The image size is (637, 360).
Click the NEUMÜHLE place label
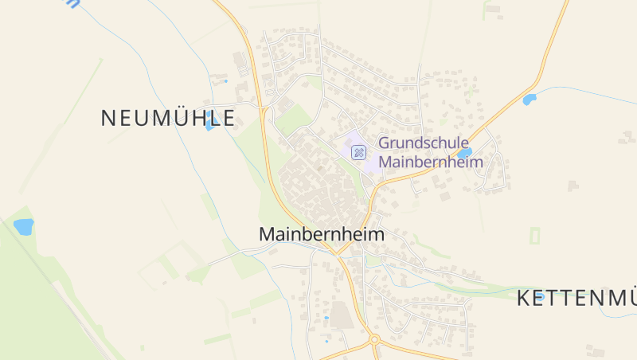tap(168, 119)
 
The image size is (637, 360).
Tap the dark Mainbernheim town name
tap(321, 235)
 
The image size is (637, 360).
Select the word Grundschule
tap(423, 143)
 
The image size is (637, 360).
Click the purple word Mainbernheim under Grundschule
tap(431, 162)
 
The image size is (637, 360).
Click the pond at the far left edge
tap(24, 226)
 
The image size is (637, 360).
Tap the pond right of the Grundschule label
tap(465, 151)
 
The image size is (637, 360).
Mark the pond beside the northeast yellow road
tap(529, 100)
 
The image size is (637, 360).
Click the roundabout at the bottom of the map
tap(373, 341)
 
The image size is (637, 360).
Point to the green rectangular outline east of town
tap(534, 236)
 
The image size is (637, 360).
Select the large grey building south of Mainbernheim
tap(342, 315)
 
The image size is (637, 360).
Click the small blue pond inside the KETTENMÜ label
tap(540, 296)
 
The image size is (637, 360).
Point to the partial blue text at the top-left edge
tap(74, 3)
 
